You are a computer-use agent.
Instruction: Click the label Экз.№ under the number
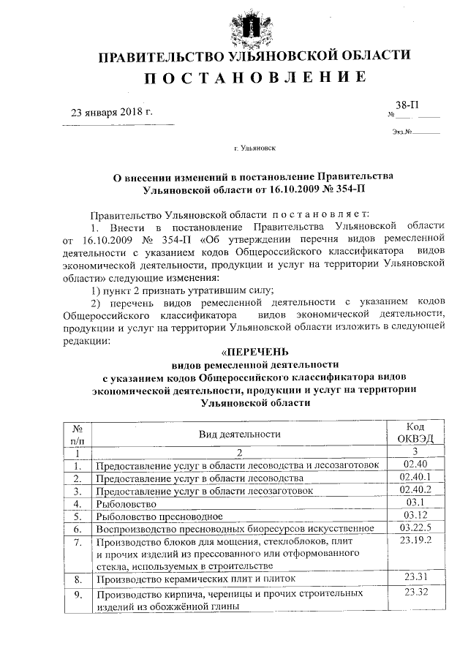[x=403, y=132]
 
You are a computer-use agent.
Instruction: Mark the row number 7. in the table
[x=77, y=542]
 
